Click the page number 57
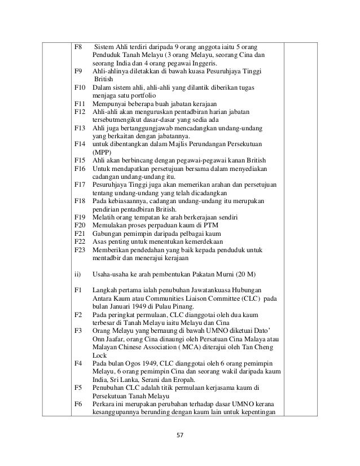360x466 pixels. pyautogui.click(x=180, y=435)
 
